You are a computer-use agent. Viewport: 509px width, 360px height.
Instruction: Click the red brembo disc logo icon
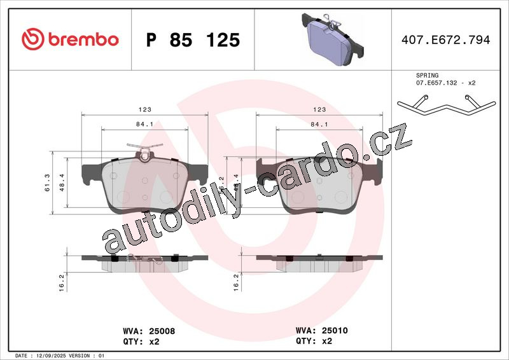point(33,39)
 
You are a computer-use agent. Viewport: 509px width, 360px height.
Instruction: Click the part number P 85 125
point(193,40)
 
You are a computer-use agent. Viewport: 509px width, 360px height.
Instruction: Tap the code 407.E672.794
point(446,39)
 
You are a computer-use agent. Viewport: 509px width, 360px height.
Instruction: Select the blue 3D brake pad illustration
point(333,39)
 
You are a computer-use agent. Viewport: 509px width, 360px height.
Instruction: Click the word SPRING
point(427,75)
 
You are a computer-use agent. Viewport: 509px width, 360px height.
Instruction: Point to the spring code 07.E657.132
point(436,83)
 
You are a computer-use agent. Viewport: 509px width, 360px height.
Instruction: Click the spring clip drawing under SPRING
point(447,104)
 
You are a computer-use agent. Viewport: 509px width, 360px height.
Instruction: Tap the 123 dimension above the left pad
point(145,109)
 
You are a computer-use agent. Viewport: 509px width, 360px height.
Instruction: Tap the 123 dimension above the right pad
point(319,109)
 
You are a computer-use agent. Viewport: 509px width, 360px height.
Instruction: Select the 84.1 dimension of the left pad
point(145,124)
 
